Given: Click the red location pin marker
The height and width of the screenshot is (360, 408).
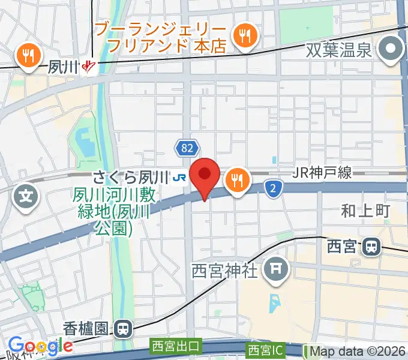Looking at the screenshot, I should (205, 176).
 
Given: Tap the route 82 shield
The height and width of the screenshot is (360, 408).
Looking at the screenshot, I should (185, 148).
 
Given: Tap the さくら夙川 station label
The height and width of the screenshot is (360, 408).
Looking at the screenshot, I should (129, 177).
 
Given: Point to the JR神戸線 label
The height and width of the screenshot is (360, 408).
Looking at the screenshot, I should (323, 173).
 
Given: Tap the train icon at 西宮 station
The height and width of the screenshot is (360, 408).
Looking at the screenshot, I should (373, 246).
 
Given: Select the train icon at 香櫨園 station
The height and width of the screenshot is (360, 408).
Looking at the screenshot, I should (124, 328).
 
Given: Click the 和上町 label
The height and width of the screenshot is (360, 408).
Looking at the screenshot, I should (365, 211).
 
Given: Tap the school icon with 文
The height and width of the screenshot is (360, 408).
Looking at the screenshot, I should (26, 195).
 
